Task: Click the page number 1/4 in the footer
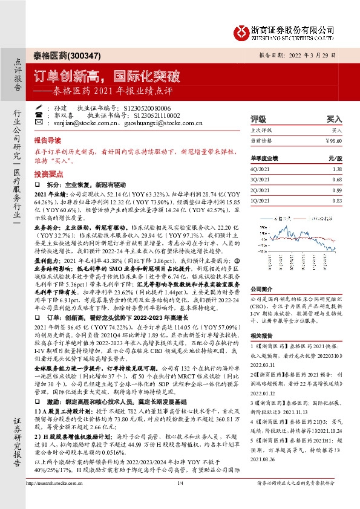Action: (180, 500)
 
